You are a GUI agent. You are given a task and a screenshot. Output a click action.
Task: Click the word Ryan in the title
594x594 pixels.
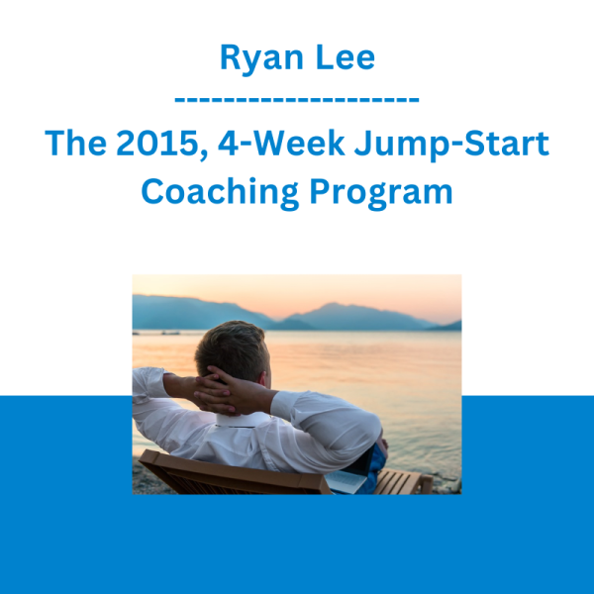point(261,58)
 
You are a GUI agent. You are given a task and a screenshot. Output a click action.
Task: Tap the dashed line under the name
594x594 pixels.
point(297,100)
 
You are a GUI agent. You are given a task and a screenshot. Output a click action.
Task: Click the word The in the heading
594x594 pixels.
point(76,144)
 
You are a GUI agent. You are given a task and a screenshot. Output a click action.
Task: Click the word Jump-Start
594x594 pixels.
point(451,146)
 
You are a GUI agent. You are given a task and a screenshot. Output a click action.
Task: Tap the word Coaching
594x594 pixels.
point(220,193)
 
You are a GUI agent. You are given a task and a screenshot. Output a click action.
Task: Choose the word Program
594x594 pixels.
point(381,194)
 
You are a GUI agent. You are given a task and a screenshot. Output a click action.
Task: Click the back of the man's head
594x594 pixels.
point(231,349)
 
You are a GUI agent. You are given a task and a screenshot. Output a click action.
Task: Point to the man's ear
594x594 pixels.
point(263,377)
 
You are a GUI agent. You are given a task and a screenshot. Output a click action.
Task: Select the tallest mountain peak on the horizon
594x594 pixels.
point(331,304)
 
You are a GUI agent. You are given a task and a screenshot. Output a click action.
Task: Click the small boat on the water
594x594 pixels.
point(170,333)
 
